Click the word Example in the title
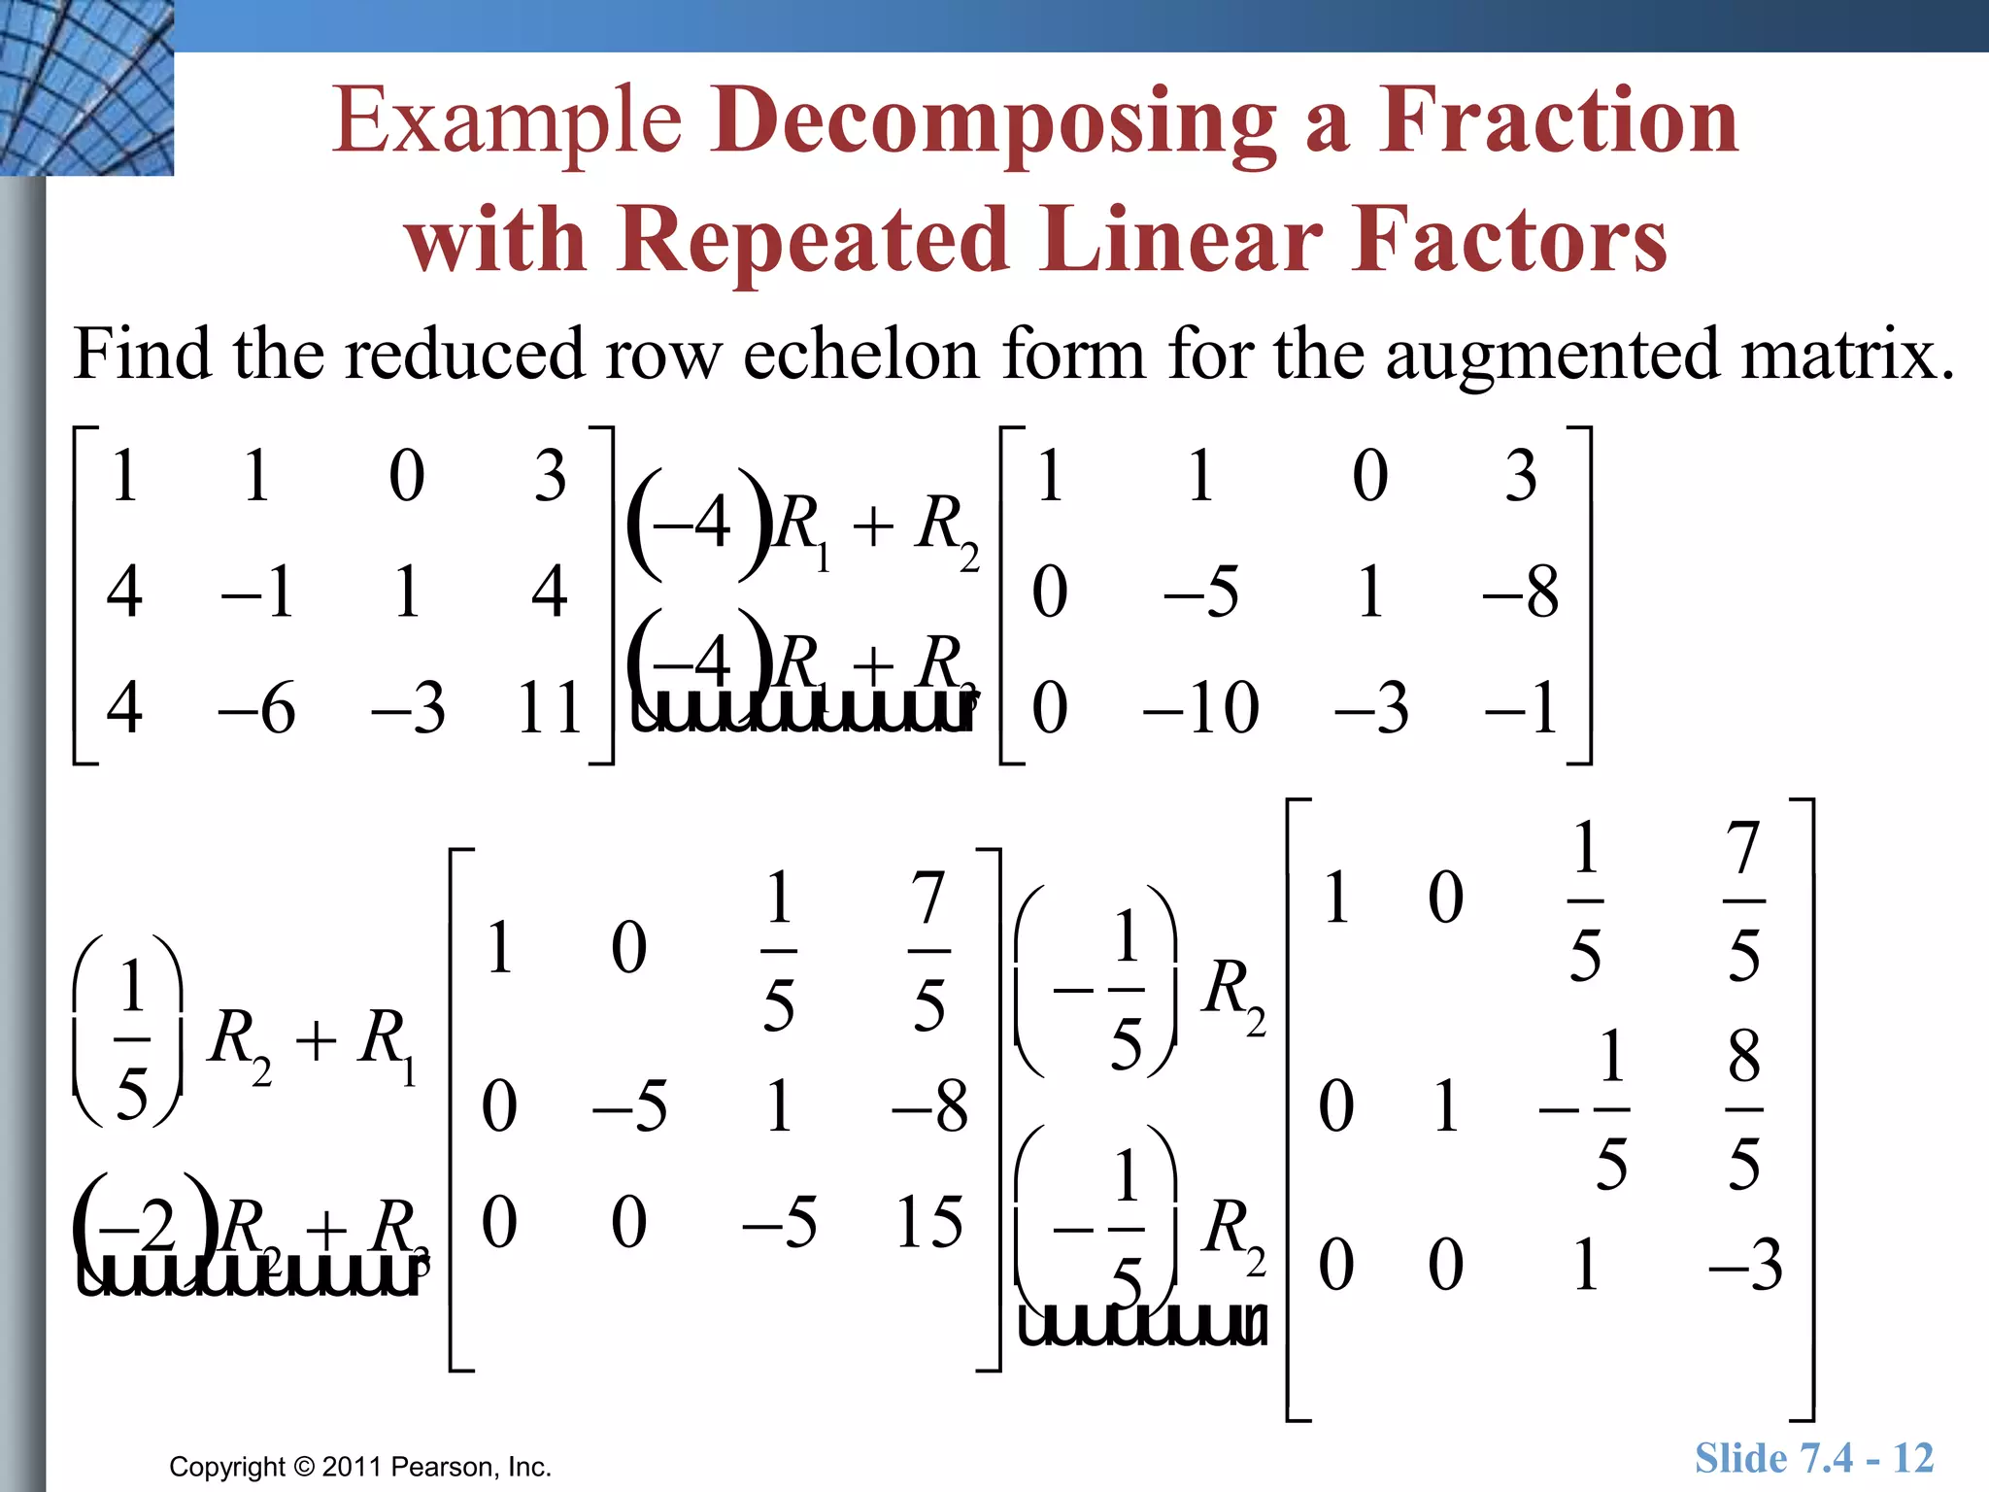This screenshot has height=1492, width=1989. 507,123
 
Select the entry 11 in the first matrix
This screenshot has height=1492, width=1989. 549,707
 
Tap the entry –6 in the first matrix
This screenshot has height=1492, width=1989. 256,707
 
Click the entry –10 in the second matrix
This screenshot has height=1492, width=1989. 1200,707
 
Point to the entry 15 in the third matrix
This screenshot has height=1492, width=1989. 928,1221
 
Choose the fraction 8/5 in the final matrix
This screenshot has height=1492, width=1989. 1743,1108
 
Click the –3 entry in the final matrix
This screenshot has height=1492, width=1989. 1745,1265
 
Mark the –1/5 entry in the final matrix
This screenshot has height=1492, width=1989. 1586,1108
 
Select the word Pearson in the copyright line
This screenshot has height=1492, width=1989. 446,1467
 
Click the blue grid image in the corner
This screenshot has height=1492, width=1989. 86,87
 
